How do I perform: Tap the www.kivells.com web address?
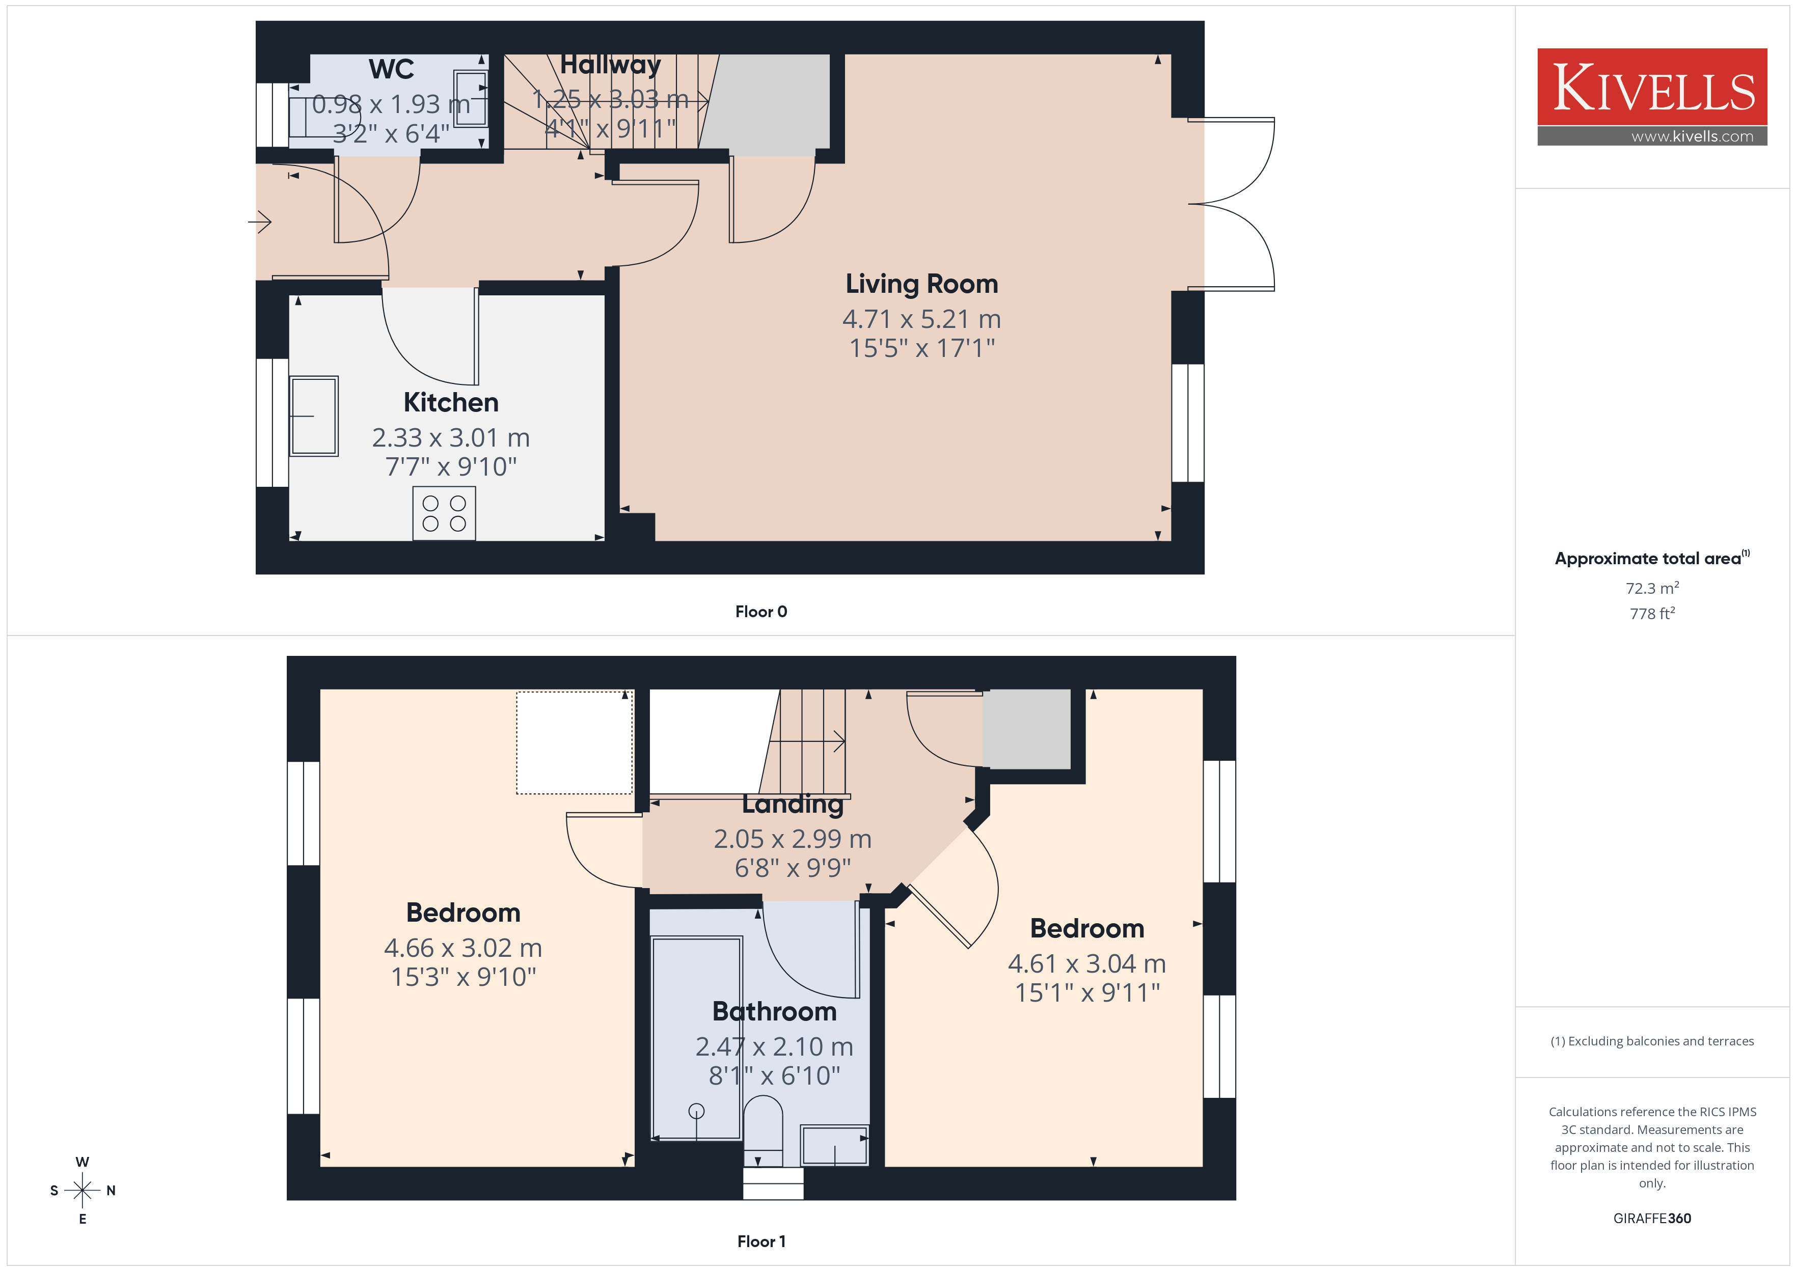[x=1692, y=136]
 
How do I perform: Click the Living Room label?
[x=921, y=283]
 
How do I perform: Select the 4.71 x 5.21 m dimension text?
[x=921, y=319]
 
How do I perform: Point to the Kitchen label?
[x=451, y=402]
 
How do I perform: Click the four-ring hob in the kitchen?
[x=444, y=513]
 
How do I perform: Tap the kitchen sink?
[x=314, y=416]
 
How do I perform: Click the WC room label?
[x=391, y=69]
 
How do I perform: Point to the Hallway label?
[x=611, y=64]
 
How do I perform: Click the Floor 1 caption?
[x=761, y=1241]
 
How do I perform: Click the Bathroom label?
[x=774, y=1011]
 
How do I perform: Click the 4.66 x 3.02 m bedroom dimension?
[x=462, y=948]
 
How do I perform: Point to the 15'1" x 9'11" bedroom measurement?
[x=1087, y=992]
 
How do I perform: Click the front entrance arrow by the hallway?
[x=260, y=222]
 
